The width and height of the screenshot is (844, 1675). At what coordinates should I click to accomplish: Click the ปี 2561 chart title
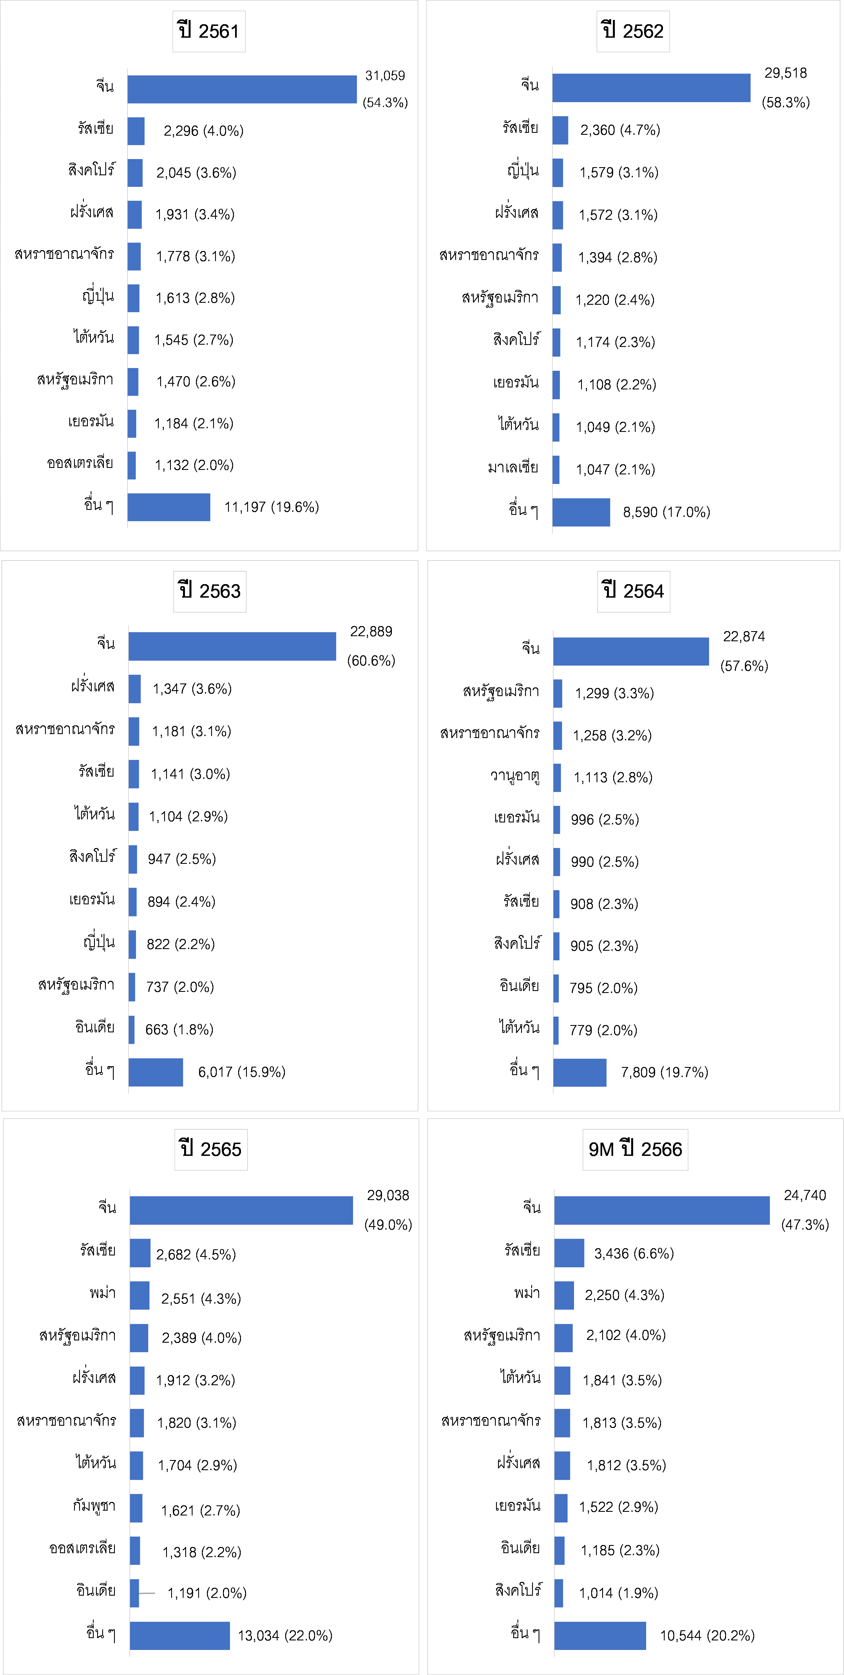coord(209,31)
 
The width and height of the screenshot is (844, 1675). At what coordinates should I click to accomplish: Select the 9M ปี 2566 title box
coord(635,1149)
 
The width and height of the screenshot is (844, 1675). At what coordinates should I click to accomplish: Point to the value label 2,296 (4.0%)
coord(203,131)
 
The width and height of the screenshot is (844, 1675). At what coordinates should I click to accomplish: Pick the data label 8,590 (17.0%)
coord(666,512)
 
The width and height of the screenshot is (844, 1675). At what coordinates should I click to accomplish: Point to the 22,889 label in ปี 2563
coord(371,631)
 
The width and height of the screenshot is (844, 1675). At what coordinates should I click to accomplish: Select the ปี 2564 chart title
coord(633,591)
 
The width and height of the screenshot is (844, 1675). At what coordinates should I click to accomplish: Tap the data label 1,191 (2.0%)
coord(207,1593)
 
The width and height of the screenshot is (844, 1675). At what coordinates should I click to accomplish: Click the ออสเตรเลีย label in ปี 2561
coord(80,463)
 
